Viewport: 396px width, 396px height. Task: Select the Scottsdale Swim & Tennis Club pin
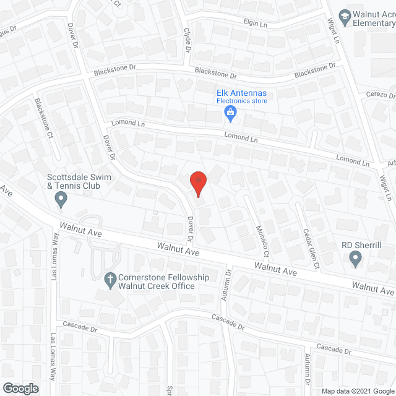tap(61, 199)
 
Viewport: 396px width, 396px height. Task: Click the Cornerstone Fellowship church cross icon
tap(110, 280)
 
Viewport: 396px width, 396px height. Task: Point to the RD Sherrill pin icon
tap(355, 259)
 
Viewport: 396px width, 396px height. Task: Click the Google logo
tap(20, 389)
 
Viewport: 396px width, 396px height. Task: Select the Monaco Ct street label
tap(262, 241)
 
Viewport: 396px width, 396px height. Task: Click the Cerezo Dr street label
tap(380, 95)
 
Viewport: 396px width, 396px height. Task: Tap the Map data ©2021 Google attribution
tap(357, 390)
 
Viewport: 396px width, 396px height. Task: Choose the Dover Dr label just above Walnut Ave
tap(191, 229)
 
